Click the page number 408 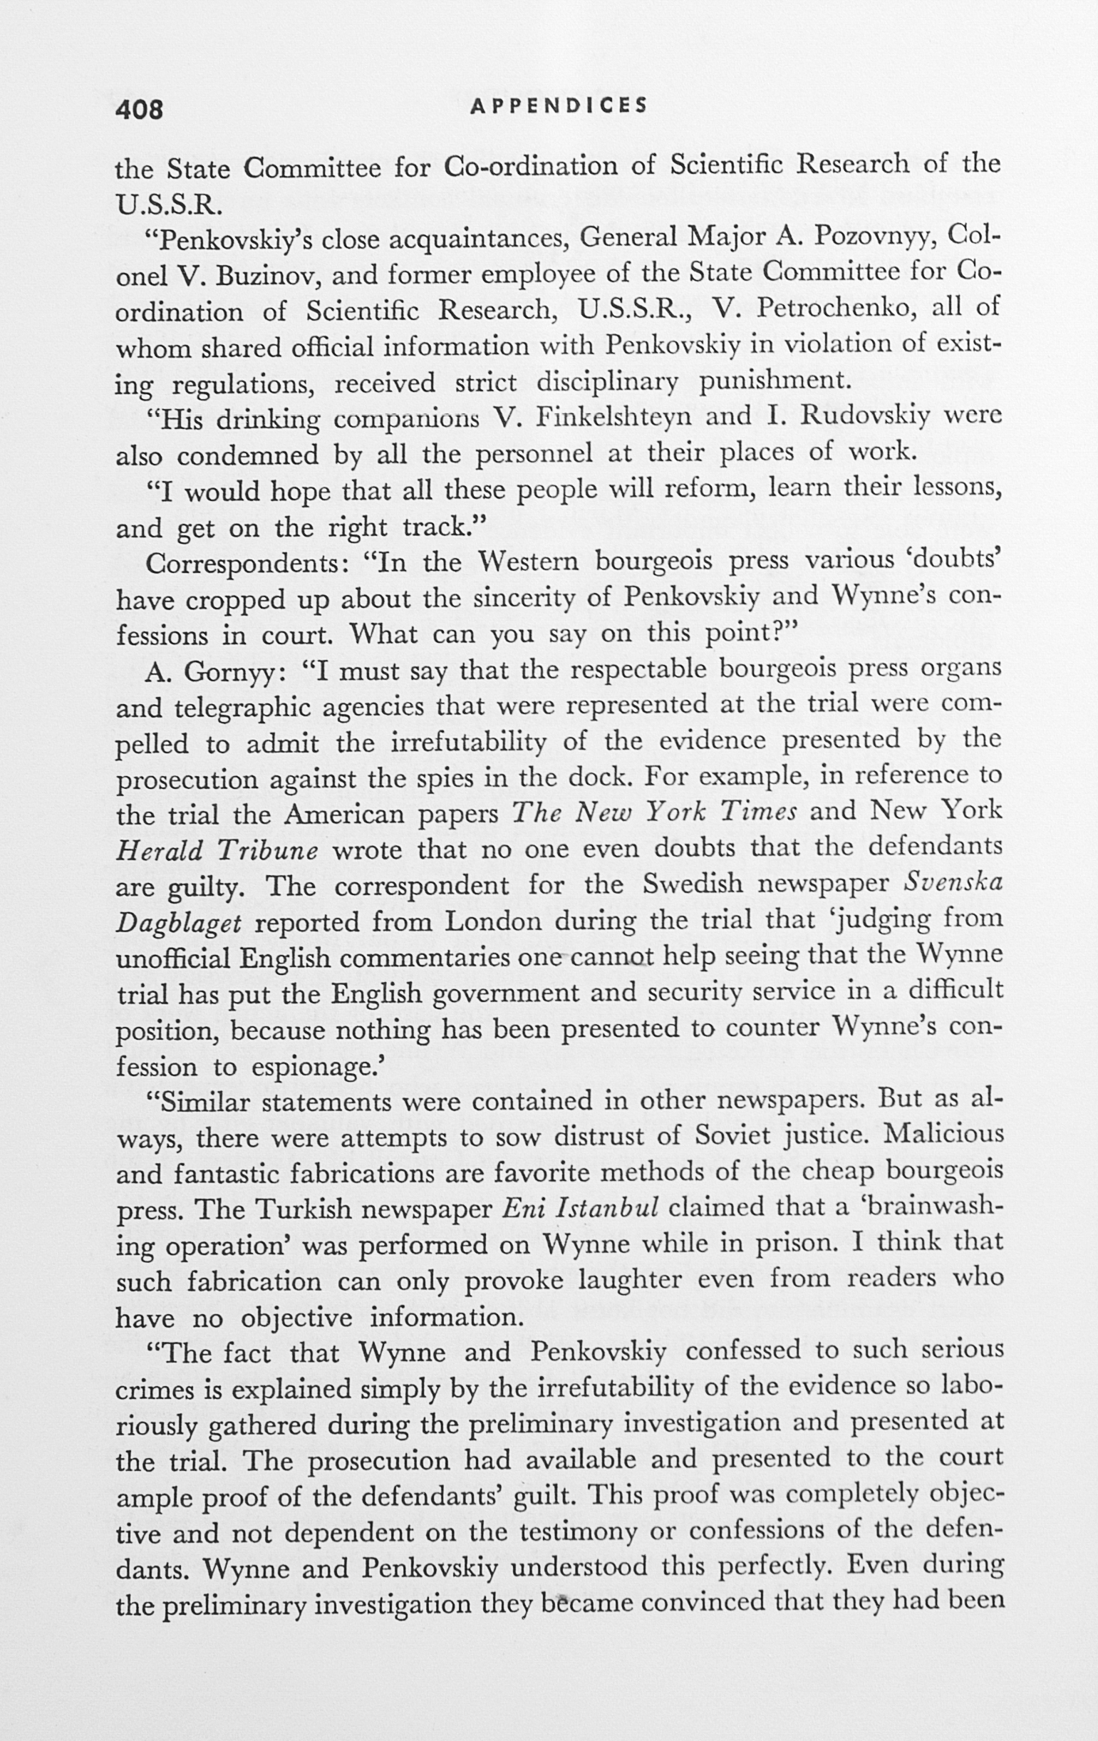click(139, 109)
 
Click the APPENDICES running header click(558, 106)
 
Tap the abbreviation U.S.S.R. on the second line click(165, 204)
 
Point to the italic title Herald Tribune click(217, 850)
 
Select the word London click(493, 921)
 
